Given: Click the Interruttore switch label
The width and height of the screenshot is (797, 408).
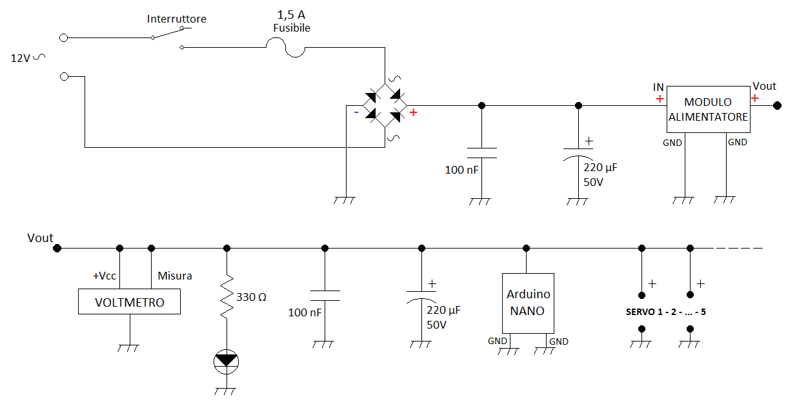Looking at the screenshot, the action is [176, 19].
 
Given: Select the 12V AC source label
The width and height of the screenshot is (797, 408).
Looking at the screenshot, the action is [28, 57].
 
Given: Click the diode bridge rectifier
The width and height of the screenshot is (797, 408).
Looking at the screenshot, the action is [385, 105].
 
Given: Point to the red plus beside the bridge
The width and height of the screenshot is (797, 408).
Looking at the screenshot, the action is [413, 112].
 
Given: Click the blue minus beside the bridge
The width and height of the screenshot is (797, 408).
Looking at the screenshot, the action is [356, 112].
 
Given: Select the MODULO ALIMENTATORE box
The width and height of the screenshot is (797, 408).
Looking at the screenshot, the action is [709, 109].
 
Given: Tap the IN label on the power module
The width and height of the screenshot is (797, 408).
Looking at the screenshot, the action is [658, 87].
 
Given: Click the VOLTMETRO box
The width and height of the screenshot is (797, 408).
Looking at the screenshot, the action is [129, 301].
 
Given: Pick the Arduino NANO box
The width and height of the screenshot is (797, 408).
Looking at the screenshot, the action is [528, 303].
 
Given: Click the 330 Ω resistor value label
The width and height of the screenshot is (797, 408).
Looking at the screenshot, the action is [251, 297].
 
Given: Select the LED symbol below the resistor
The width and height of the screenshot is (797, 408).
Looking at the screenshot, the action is [226, 362].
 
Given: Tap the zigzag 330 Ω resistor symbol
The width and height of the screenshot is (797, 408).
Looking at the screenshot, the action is [227, 296].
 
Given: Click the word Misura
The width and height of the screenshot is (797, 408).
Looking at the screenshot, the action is [175, 276].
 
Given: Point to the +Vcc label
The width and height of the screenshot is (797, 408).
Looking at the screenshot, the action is [105, 276].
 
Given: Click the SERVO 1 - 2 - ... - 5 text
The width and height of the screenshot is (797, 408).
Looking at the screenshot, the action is [666, 312].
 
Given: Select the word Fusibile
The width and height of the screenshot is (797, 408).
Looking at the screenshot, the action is [292, 28].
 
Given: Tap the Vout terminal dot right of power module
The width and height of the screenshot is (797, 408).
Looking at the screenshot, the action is [778, 105].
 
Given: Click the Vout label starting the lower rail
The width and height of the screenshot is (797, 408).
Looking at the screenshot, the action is [40, 238].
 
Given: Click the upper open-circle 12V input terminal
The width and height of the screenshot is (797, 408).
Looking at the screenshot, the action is [63, 37].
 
